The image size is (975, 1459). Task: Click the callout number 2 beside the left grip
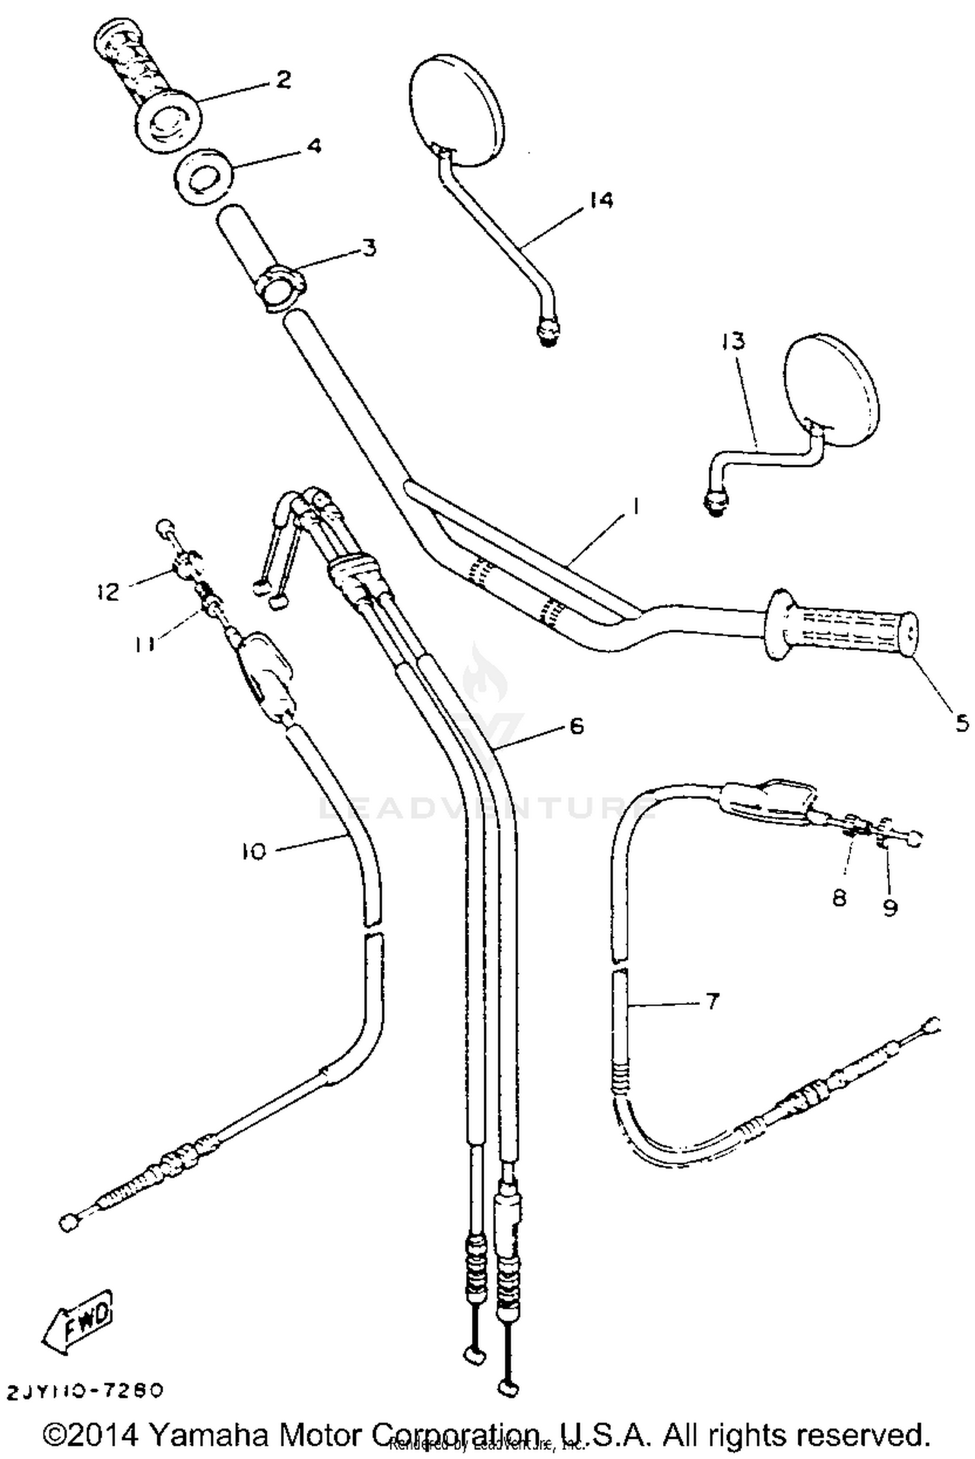283,80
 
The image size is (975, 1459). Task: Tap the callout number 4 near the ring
313,146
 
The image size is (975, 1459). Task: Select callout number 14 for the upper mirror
601,199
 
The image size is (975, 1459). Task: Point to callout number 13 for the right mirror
733,341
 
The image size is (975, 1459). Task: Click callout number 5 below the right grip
963,722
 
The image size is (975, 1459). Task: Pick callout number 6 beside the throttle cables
577,726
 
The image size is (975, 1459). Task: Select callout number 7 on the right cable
712,1002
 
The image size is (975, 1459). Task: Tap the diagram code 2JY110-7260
84,1391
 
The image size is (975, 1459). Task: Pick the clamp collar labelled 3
279,286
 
